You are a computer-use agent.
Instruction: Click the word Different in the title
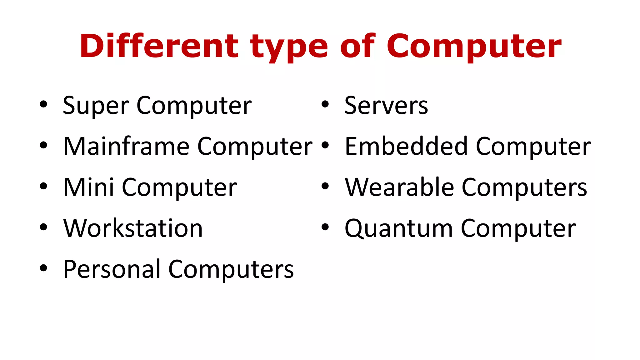point(159,46)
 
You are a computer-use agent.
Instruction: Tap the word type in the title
point(289,47)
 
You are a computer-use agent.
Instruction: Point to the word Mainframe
point(126,146)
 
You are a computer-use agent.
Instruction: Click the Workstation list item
point(133,228)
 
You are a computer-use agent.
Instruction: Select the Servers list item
point(386,106)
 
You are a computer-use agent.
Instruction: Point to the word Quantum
point(398,229)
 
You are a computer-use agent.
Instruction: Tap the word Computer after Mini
point(179,188)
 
